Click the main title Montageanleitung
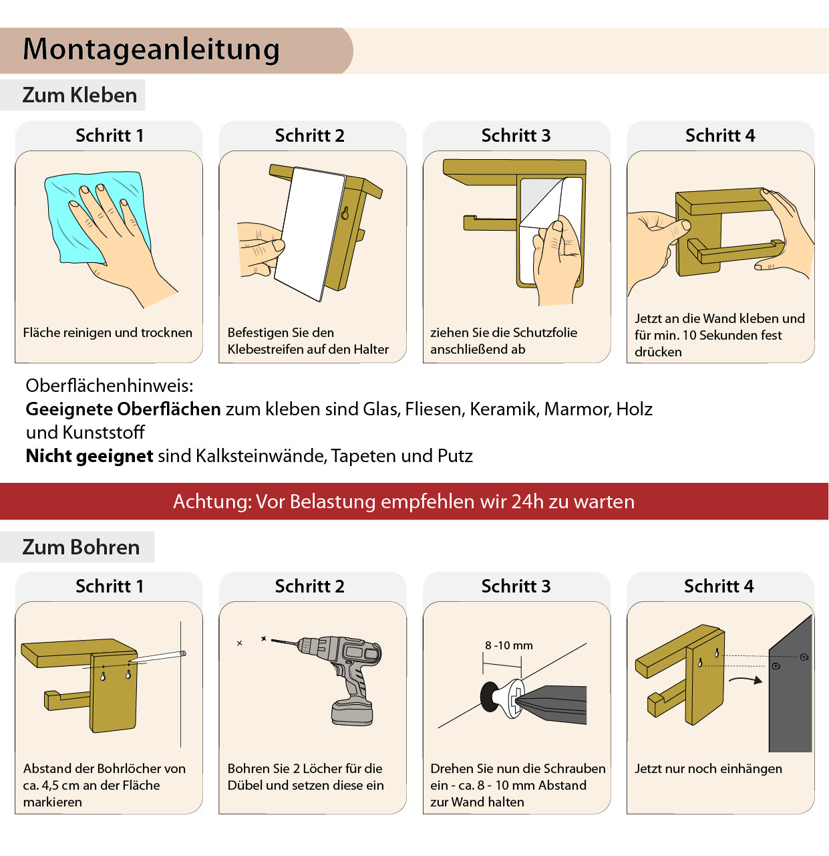(151, 50)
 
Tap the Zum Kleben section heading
(79, 95)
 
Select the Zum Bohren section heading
(81, 547)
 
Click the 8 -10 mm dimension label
(508, 645)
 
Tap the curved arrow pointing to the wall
(745, 680)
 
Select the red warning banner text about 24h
(403, 502)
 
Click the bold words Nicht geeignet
(90, 455)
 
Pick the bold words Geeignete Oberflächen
(123, 409)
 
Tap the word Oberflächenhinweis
(110, 386)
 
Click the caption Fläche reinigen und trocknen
(108, 332)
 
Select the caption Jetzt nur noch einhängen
(708, 768)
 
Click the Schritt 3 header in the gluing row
(516, 136)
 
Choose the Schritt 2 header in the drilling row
(310, 586)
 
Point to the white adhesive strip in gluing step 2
(310, 234)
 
